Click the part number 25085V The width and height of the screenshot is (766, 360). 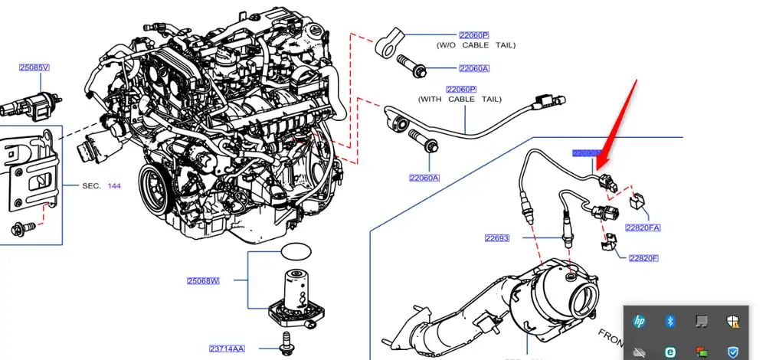34,67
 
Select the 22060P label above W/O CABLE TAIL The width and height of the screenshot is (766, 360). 473,36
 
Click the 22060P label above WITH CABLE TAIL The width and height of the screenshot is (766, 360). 461,90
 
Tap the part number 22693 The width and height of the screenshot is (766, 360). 496,238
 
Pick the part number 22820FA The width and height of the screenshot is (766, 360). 642,227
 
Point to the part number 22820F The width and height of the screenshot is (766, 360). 643,258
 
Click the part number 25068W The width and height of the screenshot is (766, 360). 203,281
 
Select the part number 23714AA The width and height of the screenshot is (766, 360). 228,349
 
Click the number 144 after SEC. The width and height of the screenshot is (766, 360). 113,186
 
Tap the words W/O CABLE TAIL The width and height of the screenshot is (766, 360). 475,46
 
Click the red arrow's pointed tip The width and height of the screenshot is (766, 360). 598,167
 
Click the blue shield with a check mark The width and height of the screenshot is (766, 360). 733,352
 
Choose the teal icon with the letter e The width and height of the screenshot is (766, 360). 669,352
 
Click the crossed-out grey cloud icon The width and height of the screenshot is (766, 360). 639,352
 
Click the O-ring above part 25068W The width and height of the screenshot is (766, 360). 296,251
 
